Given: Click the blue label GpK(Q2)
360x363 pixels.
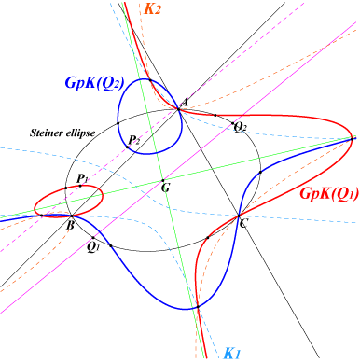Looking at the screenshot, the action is [94, 83].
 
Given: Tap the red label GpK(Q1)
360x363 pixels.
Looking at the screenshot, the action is [329, 193].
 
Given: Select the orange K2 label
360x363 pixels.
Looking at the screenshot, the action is [153, 9].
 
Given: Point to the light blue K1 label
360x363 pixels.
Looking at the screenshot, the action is [232, 354].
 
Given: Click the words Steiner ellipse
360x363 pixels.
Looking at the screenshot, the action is [62, 133].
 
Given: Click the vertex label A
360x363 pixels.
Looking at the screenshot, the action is [185, 103].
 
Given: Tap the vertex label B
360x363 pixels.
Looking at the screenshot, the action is [71, 225].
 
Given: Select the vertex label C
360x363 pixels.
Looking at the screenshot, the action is [243, 223].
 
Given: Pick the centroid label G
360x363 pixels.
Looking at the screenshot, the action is [166, 188].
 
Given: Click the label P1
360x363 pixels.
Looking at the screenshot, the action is [82, 178].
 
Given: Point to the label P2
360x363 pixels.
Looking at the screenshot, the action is [134, 140].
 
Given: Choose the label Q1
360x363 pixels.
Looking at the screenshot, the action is [93, 247].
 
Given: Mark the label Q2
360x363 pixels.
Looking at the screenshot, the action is [240, 127].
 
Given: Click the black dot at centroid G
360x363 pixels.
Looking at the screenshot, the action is [163, 180].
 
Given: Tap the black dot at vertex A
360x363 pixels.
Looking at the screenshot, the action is [178, 109].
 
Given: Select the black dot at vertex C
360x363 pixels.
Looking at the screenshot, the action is [239, 216].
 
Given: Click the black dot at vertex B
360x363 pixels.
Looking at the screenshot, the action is [72, 216].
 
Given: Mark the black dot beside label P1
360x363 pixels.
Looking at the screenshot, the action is [80, 186].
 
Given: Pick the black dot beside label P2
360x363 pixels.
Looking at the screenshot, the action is [128, 147].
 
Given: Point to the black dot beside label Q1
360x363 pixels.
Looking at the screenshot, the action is [93, 238].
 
